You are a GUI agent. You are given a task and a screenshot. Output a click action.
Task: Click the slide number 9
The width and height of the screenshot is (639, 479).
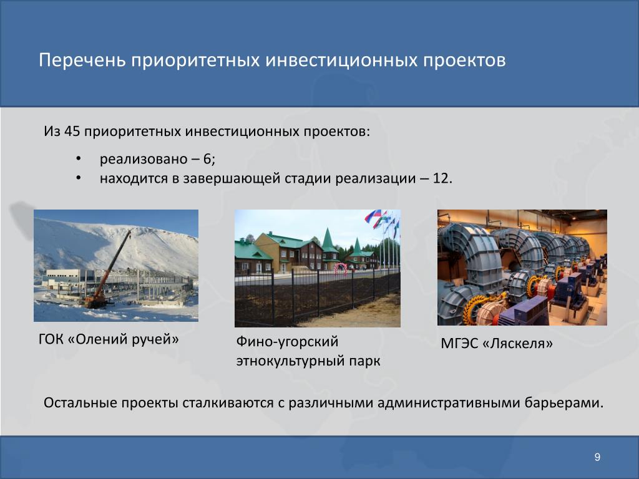coord(597,457)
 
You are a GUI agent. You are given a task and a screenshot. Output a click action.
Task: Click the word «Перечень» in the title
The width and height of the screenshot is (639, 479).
coord(82,60)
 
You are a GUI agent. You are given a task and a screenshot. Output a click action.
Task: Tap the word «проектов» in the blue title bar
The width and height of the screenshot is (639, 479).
coord(464,60)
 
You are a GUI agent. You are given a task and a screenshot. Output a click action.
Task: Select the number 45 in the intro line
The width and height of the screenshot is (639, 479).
coord(72,131)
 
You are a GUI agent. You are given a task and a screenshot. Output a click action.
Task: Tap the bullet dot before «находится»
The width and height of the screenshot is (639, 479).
coord(78,178)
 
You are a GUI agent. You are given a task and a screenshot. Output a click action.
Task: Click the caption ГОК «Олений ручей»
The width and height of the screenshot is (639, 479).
coord(109,339)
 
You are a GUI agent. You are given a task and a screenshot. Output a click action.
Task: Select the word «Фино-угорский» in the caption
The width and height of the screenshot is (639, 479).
coord(287,341)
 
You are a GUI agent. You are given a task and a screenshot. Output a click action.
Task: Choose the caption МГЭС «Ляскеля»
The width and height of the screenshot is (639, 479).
coord(497,344)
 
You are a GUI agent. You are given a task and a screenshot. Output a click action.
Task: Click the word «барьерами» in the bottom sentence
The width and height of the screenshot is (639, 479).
coord(564,403)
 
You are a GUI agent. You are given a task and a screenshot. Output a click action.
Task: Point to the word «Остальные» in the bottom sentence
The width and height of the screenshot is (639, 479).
coord(80,402)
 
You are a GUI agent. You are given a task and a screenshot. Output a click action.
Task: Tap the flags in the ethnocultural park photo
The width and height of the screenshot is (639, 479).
coord(383,222)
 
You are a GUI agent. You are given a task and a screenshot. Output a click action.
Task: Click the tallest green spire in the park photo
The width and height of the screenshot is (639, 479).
coord(328,241)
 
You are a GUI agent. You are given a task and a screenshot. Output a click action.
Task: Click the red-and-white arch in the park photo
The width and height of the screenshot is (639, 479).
coord(340,268)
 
